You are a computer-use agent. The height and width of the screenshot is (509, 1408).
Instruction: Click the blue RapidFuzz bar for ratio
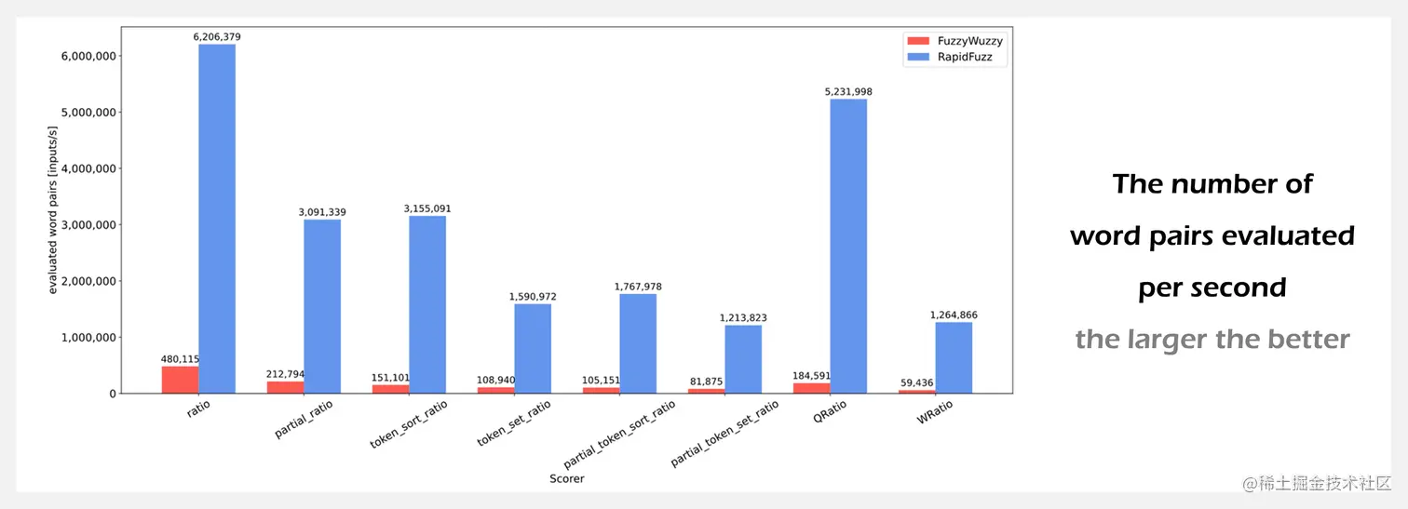[x=216, y=219]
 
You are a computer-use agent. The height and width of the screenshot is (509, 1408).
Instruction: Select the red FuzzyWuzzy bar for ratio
[x=180, y=380]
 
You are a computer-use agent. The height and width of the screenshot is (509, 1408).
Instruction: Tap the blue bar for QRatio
[x=848, y=246]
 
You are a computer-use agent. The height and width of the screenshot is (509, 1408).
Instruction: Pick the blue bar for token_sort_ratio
[x=427, y=304]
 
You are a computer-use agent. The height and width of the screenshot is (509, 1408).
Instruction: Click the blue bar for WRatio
[x=954, y=357]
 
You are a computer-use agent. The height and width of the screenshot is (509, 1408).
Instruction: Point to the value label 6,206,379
[x=216, y=37]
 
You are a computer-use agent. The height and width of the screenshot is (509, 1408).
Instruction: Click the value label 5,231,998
[x=848, y=92]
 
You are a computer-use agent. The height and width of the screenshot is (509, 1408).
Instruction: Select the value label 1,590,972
[x=533, y=297]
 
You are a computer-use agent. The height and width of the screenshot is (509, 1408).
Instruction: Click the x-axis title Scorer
[x=566, y=478]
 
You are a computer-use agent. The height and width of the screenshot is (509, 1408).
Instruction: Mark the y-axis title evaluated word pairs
[x=53, y=224]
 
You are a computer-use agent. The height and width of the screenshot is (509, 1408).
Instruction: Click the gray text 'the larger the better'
[x=1212, y=340]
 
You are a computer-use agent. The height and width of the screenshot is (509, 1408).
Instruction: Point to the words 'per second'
[x=1212, y=288]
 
